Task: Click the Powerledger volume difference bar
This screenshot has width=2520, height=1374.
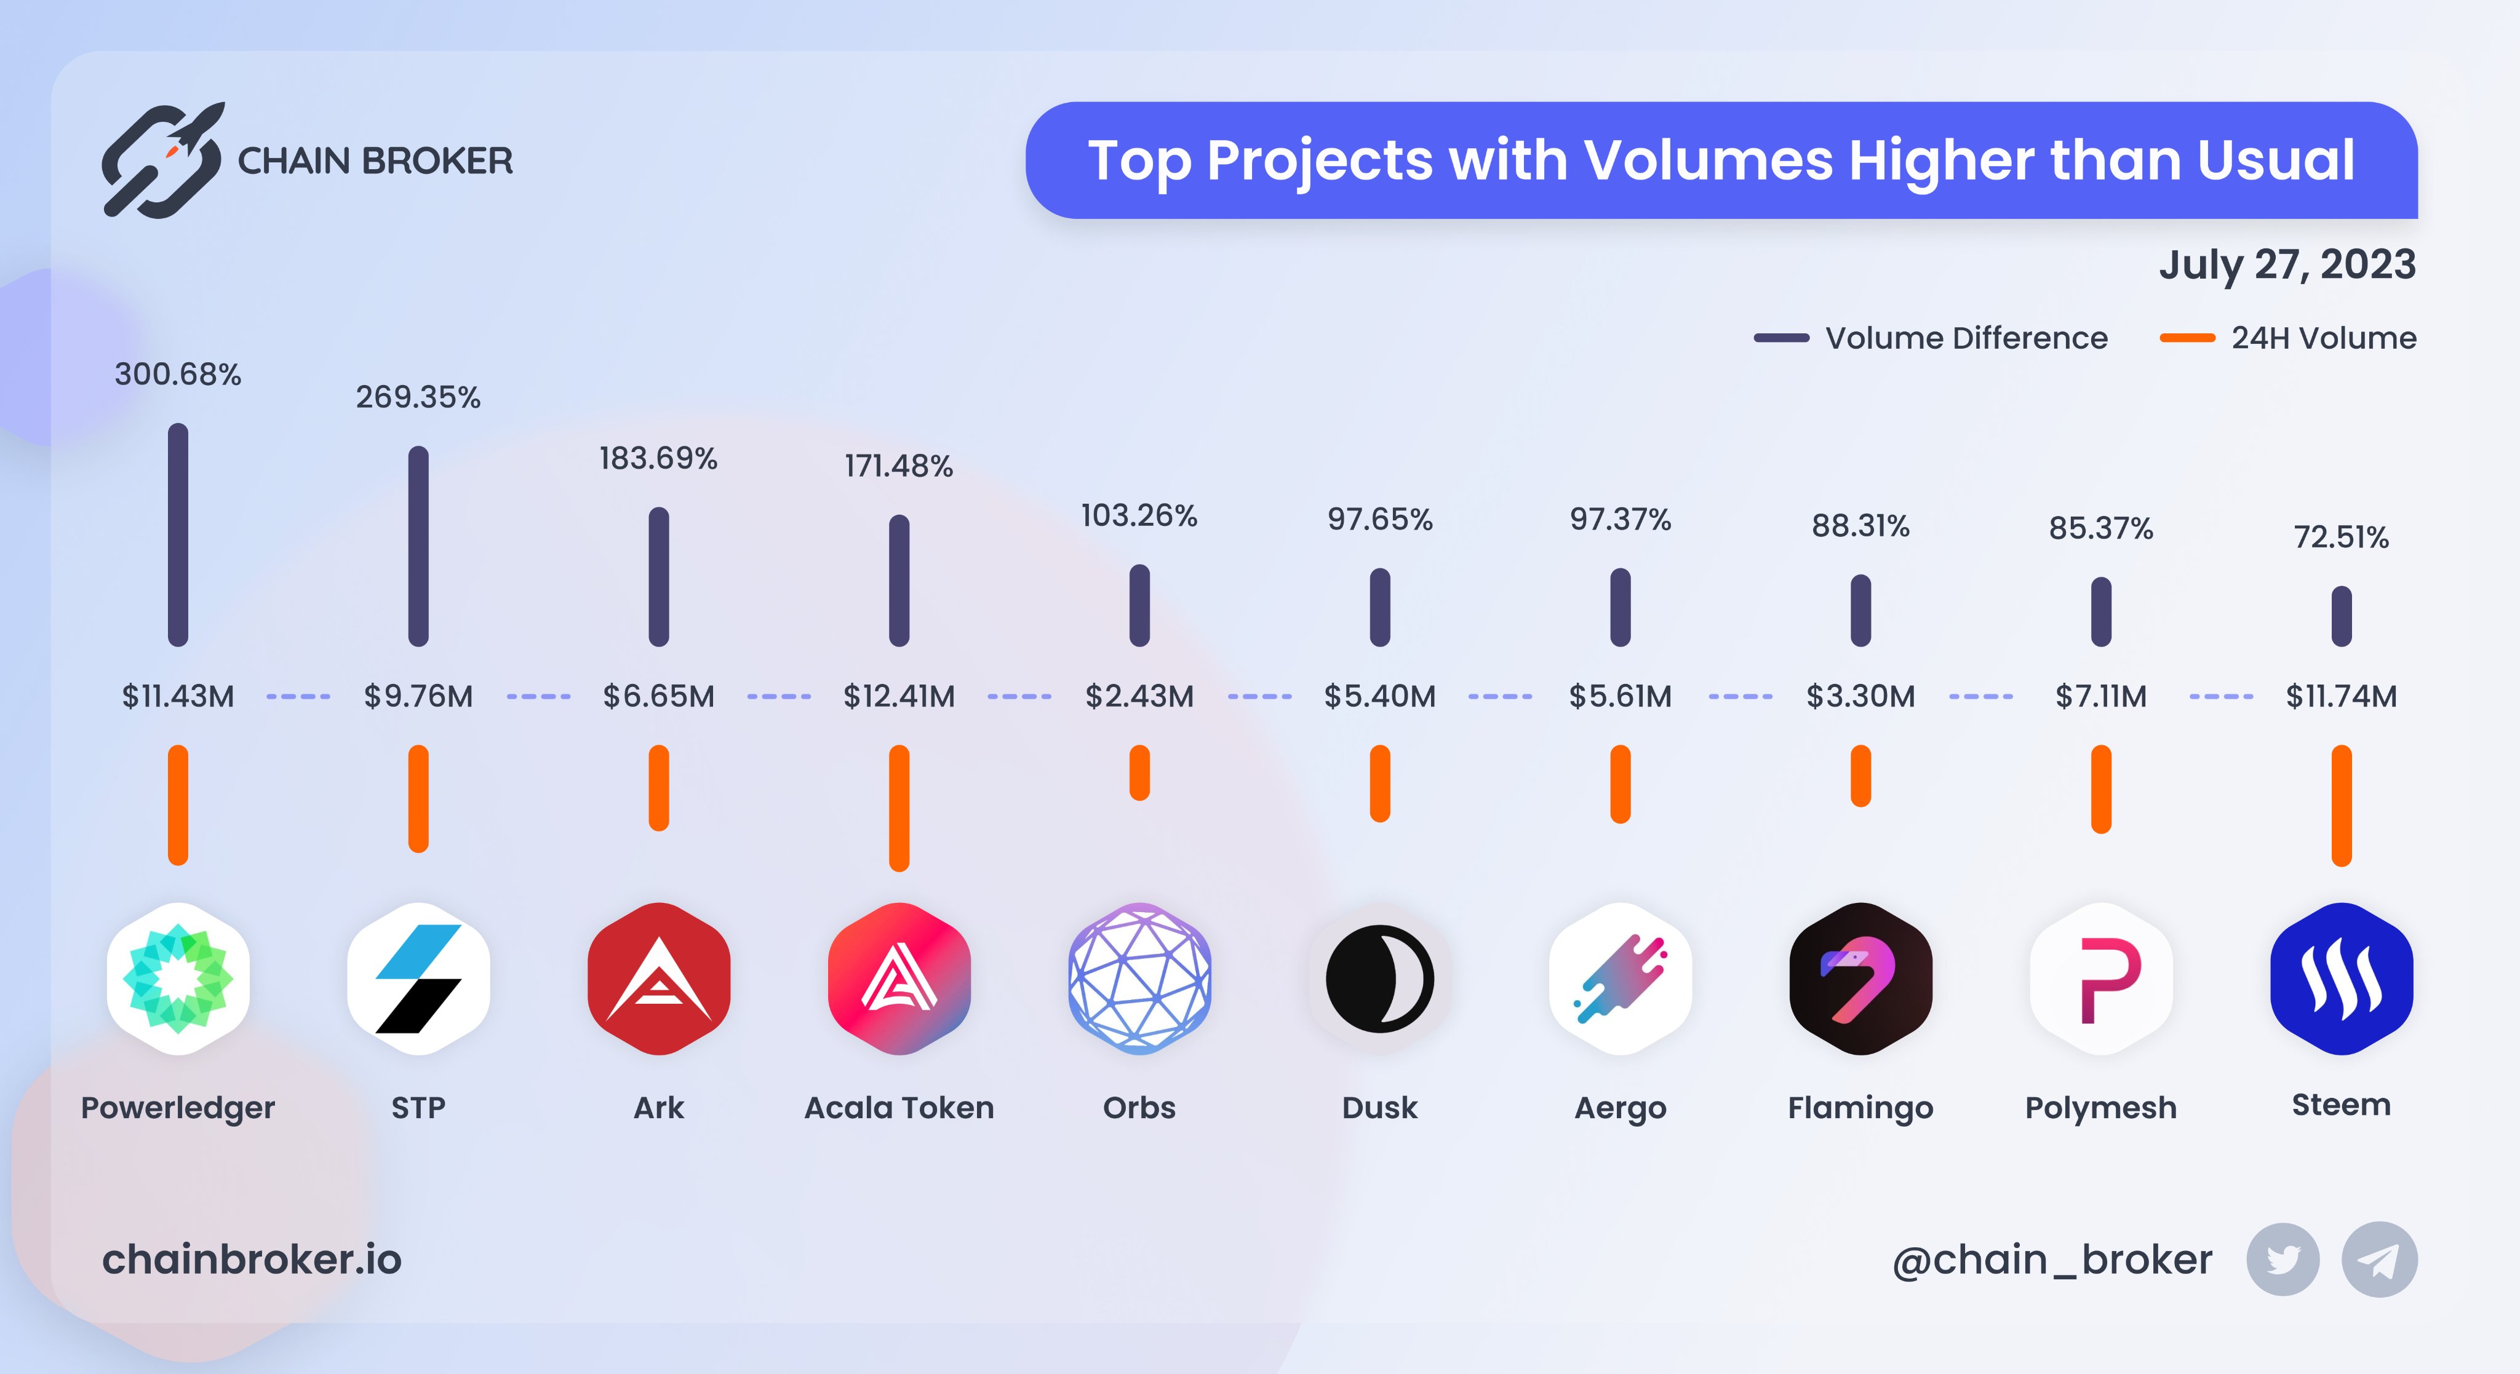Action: tap(178, 535)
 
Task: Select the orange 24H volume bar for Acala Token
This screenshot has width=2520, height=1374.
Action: tap(899, 808)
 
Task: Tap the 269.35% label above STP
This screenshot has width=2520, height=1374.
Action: tap(418, 397)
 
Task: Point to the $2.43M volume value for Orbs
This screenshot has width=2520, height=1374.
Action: tap(1139, 696)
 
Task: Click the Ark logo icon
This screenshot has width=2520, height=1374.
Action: tap(658, 978)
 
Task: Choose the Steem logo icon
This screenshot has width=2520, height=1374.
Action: tap(2341, 978)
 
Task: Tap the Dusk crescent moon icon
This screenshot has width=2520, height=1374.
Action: tap(1379, 978)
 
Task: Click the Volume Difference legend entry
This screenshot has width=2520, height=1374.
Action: tap(1931, 338)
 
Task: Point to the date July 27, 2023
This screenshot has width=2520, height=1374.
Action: tap(2287, 264)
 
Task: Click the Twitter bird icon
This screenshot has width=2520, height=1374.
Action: tap(2283, 1260)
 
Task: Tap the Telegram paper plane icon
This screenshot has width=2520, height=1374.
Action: tap(2379, 1260)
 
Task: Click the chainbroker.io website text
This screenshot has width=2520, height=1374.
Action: tap(252, 1260)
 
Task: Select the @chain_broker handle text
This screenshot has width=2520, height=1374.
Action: tap(2051, 1260)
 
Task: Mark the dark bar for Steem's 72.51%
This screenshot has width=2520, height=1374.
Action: tap(2341, 616)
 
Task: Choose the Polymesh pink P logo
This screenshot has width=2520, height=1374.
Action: tap(2101, 978)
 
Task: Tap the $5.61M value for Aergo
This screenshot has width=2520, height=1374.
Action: tap(1620, 696)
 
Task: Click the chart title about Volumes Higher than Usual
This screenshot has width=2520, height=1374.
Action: tap(1721, 161)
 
